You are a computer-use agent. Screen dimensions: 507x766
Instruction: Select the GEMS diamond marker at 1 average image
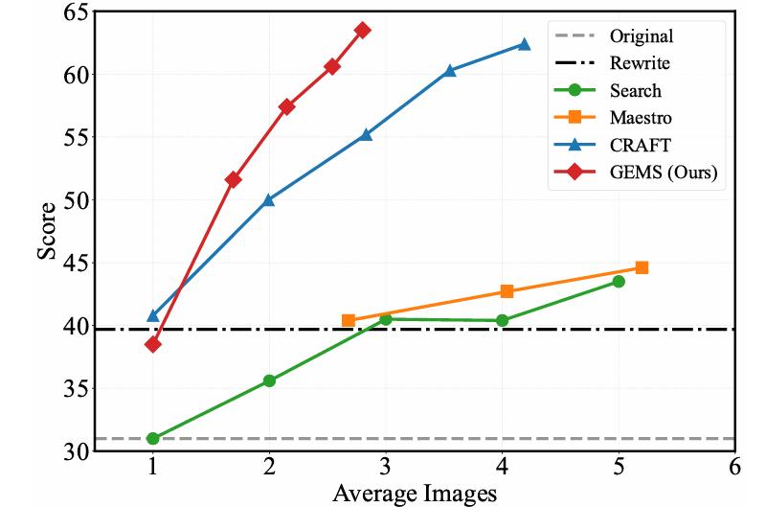153,344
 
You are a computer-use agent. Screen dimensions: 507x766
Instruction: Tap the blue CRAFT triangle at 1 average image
153,315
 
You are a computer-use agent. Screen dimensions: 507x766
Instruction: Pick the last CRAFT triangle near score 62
524,44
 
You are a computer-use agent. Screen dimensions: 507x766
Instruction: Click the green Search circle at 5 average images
619,281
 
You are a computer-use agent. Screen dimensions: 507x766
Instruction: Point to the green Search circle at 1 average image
153,438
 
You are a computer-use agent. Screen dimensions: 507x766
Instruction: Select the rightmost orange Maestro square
642,267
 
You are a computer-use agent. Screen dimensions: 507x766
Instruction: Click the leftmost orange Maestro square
349,320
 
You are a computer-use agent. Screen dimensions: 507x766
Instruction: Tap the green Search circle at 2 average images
269,380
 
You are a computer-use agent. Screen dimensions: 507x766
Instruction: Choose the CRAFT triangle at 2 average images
269,199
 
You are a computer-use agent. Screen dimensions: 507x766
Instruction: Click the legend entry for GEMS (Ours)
665,173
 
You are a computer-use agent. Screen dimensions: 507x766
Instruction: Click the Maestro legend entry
641,119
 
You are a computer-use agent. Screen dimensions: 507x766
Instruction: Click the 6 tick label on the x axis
734,467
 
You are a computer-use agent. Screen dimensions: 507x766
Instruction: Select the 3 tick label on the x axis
386,467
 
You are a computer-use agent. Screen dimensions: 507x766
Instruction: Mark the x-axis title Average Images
415,494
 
